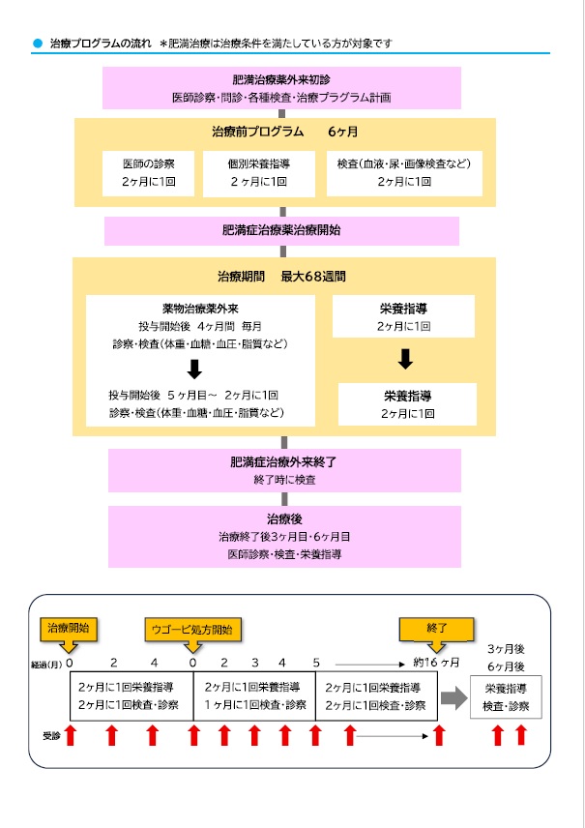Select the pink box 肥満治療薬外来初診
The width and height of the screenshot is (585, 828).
[x=281, y=88]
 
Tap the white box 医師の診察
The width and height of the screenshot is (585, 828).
[x=150, y=172]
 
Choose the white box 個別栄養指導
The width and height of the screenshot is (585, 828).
[x=258, y=172]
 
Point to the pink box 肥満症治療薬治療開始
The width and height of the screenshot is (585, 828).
[x=281, y=230]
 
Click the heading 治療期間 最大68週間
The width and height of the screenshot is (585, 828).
[x=281, y=277]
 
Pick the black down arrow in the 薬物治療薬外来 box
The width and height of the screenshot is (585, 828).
[x=194, y=369]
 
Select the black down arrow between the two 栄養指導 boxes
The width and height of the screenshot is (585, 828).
[x=405, y=359]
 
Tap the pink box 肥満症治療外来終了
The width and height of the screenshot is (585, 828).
[x=283, y=470]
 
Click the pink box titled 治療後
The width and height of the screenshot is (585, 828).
[x=283, y=536]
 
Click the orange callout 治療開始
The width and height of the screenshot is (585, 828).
[x=69, y=630]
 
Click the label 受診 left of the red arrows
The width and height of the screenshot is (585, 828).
[x=49, y=734]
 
